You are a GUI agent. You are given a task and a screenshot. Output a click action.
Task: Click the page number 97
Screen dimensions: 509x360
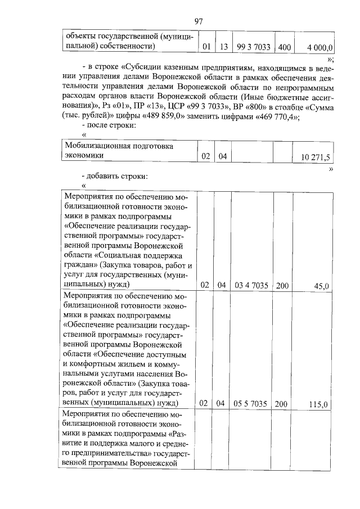(198, 21)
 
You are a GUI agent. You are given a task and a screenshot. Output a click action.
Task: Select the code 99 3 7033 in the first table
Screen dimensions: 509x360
(253, 47)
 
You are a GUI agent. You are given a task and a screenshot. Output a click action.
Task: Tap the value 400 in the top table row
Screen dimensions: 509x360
(284, 47)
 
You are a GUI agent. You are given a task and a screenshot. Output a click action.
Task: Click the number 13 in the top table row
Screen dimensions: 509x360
(224, 47)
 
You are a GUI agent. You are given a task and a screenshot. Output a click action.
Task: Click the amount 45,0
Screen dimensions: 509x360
(321, 286)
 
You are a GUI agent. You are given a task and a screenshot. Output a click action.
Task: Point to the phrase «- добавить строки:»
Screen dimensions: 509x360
(115, 176)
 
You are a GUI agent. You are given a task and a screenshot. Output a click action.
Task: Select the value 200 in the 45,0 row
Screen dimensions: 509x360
(282, 286)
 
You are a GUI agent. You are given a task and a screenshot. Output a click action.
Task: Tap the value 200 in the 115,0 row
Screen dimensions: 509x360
(282, 403)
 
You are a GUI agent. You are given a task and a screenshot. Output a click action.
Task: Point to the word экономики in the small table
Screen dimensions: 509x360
(84, 157)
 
